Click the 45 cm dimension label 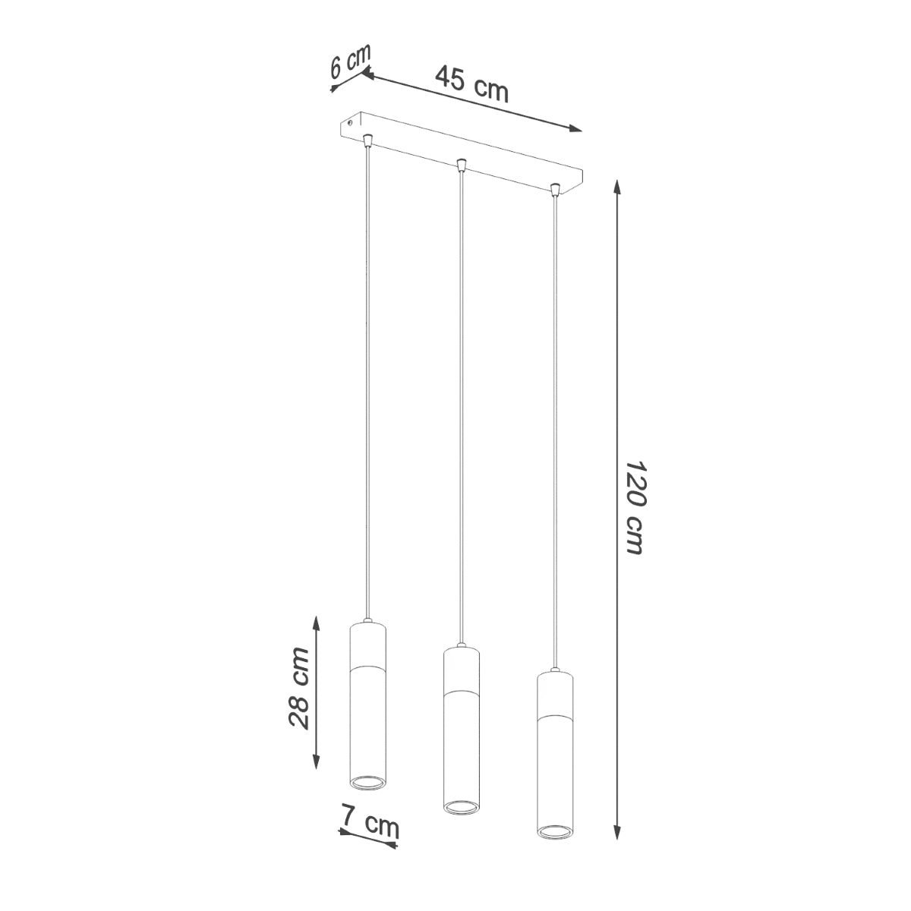(x=471, y=84)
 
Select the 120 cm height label (x=635, y=506)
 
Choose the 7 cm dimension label (x=370, y=826)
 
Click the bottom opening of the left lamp (x=368, y=783)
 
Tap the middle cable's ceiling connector (x=460, y=164)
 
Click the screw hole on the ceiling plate (x=350, y=121)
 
